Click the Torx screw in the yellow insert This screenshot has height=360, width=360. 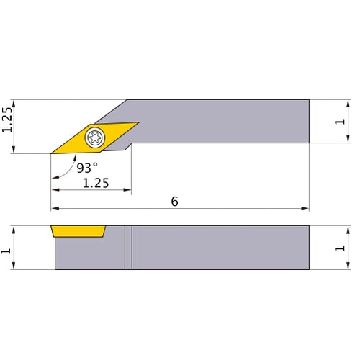click(95, 138)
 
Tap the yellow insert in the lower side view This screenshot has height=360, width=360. click(78, 232)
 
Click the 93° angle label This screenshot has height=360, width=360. click(86, 168)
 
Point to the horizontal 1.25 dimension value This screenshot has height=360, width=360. click(96, 183)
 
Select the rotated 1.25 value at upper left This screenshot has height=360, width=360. click(7, 120)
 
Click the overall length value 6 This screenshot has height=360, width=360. click(174, 202)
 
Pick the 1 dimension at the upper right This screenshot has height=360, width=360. click(338, 122)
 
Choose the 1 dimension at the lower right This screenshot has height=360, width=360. click(338, 248)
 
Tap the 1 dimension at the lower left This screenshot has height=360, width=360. click(7, 248)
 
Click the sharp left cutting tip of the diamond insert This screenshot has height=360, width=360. click(53, 153)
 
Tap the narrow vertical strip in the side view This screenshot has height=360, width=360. click(128, 248)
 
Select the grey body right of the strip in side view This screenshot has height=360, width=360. click(220, 248)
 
